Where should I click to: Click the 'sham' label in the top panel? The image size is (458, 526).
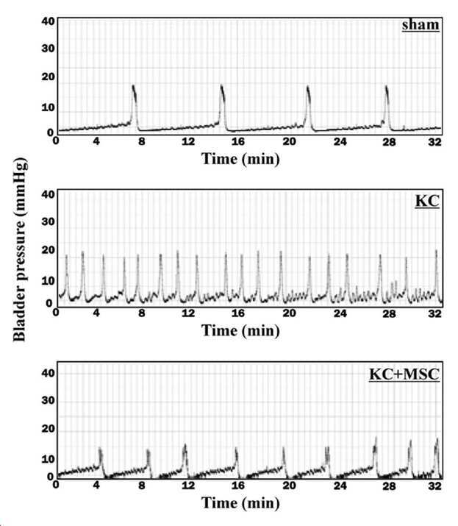(421, 25)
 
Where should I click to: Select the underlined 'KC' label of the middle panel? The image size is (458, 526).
(427, 201)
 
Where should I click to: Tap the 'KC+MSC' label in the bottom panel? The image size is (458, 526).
(404, 374)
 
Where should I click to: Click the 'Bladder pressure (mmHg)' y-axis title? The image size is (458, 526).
(19, 249)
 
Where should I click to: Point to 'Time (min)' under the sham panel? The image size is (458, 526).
(240, 159)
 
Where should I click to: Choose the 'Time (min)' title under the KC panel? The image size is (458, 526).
(240, 331)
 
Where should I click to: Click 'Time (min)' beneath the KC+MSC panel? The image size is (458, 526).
(240, 503)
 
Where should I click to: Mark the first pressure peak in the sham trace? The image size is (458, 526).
(133, 85)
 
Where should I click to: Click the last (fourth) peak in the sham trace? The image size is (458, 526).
(386, 87)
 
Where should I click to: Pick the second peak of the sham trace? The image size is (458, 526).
(221, 85)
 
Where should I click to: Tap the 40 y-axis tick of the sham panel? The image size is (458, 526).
(48, 21)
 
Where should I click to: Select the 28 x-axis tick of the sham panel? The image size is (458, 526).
(389, 142)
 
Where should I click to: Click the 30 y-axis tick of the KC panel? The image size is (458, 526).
(48, 221)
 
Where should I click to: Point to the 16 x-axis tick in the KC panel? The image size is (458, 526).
(237, 313)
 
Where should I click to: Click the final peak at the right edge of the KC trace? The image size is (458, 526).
(436, 251)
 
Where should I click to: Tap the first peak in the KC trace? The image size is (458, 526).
(66, 256)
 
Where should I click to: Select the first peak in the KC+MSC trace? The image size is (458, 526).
(100, 448)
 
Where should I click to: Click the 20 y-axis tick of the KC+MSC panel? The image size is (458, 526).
(48, 429)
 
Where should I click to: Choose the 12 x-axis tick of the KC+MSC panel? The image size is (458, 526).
(188, 486)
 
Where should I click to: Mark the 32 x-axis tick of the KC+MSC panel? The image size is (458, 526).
(434, 486)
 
